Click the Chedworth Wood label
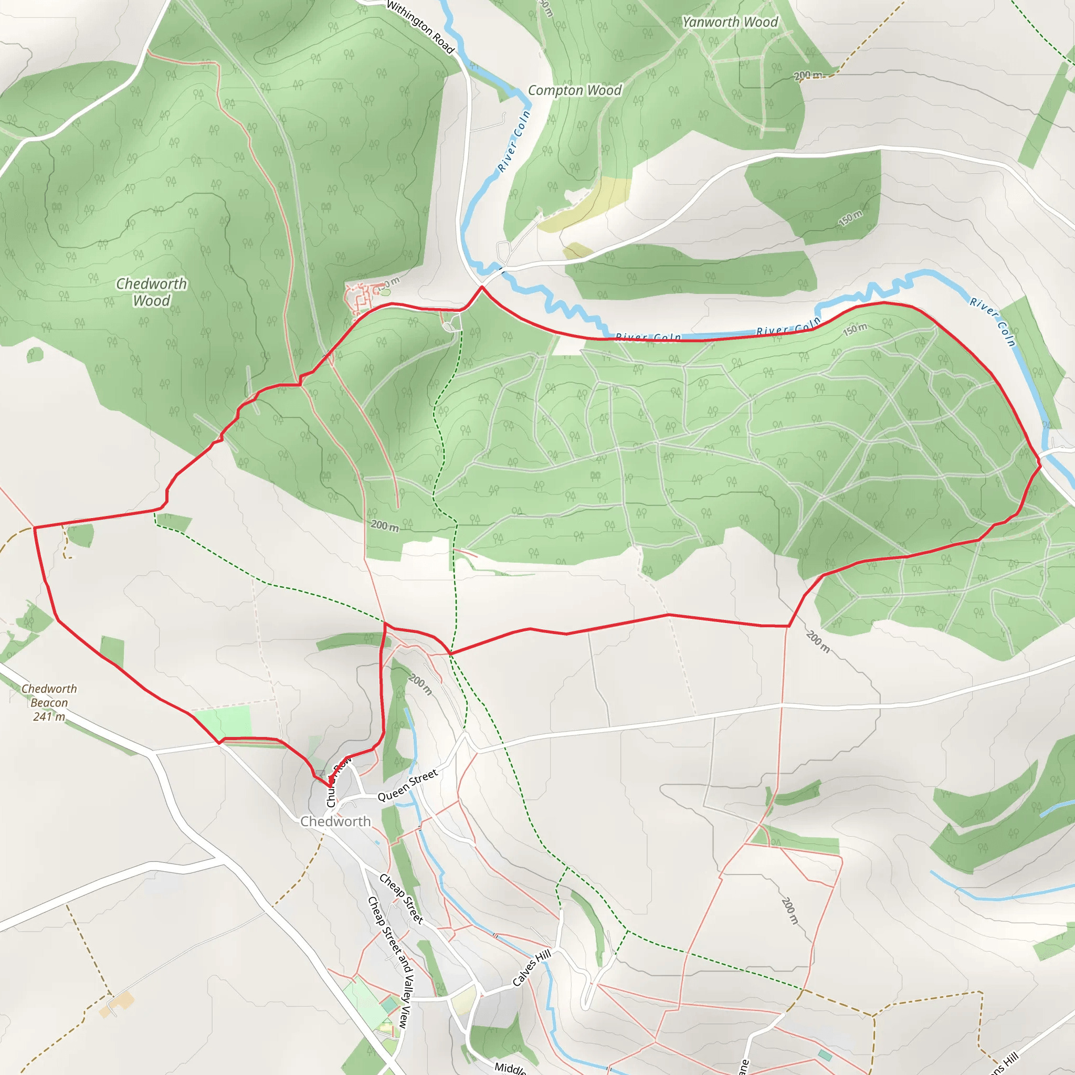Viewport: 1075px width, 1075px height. [151, 292]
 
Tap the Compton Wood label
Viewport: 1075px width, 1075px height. [574, 90]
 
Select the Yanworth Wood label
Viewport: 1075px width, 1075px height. [730, 22]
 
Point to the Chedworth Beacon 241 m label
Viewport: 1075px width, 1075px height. [49, 702]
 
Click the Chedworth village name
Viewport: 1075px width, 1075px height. [335, 821]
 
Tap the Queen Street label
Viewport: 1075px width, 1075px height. [408, 785]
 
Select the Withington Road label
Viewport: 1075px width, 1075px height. [420, 27]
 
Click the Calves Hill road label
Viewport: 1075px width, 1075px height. [531, 968]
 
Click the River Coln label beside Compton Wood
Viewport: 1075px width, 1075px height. [513, 141]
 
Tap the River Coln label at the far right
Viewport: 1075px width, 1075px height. [993, 321]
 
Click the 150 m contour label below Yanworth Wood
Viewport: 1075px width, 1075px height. [850, 219]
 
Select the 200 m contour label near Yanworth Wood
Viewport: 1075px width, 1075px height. [807, 75]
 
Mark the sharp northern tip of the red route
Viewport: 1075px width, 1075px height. [481, 287]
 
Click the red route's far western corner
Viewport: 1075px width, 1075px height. [35, 527]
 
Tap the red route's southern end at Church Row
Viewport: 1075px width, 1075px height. [331, 786]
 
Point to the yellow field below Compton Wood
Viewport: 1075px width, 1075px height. [584, 206]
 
